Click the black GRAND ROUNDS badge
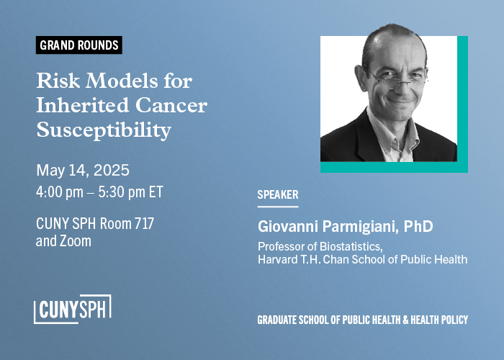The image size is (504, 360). point(78,45)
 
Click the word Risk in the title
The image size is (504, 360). point(58,81)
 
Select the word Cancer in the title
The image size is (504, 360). point(171,105)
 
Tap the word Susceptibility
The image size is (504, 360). point(104,130)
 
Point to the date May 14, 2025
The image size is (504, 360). point(83,171)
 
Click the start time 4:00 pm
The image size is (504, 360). point(60,192)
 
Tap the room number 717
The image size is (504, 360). point(144,223)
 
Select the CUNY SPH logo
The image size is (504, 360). point(73,309)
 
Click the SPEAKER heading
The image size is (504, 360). point(278,194)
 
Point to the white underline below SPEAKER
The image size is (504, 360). point(278,207)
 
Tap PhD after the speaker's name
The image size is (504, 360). point(418,226)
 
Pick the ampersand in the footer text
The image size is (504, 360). point(405,320)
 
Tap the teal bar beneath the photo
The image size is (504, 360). point(394,167)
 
